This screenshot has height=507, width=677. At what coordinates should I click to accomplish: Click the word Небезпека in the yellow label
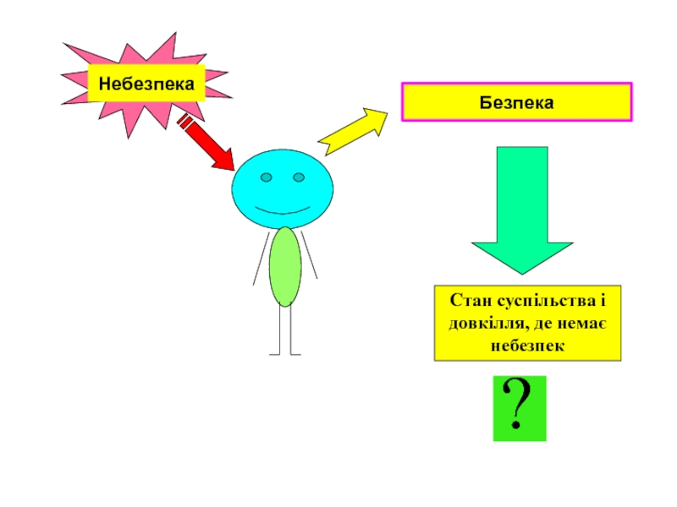[146, 84]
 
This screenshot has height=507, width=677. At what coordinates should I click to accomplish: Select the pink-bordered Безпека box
[516, 102]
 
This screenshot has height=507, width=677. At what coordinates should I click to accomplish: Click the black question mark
[519, 408]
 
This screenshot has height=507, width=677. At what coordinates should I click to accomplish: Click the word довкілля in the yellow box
[482, 324]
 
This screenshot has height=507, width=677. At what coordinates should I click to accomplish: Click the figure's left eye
[266, 178]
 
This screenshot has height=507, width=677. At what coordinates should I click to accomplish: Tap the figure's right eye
[299, 177]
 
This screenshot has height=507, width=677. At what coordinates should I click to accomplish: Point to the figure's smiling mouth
[283, 210]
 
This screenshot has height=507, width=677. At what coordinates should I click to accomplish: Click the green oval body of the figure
[285, 266]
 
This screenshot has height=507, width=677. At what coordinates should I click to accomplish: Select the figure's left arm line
[261, 259]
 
